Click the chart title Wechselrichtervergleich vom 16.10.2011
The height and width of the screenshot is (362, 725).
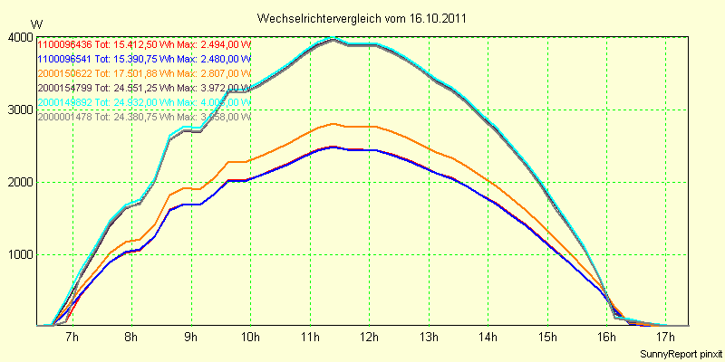[x=362, y=18]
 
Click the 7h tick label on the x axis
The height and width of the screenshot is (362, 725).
[x=72, y=338]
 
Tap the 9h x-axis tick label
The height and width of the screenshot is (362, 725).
[x=190, y=338]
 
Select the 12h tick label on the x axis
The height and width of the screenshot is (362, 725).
[x=368, y=338]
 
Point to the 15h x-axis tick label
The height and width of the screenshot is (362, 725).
[x=546, y=338]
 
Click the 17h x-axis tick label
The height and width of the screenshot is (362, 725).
[x=665, y=338]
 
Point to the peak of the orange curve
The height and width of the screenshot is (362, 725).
[x=334, y=123]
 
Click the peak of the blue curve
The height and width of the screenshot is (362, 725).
[x=334, y=147]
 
